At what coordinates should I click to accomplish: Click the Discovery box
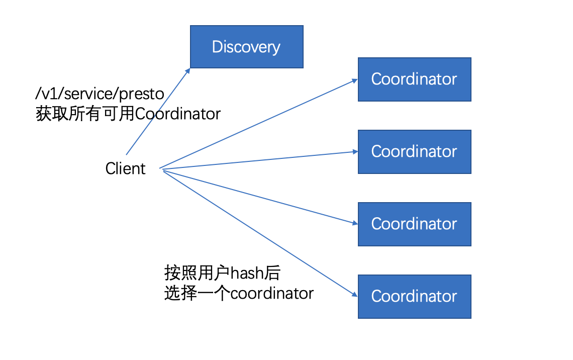pyautogui.click(x=246, y=47)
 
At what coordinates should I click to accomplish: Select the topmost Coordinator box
pyautogui.click(x=414, y=79)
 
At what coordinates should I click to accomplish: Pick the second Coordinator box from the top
pyautogui.click(x=414, y=151)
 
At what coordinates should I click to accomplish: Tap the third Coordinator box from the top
pyautogui.click(x=414, y=224)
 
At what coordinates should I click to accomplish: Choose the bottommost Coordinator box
pyautogui.click(x=414, y=296)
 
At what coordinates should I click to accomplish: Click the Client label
pyautogui.click(x=125, y=168)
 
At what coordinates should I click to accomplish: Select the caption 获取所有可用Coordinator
pyautogui.click(x=128, y=114)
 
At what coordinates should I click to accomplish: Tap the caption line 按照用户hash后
pyautogui.click(x=222, y=273)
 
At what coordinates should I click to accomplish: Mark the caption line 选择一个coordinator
pyautogui.click(x=239, y=293)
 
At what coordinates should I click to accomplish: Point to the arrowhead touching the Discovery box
pyautogui.click(x=187, y=71)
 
